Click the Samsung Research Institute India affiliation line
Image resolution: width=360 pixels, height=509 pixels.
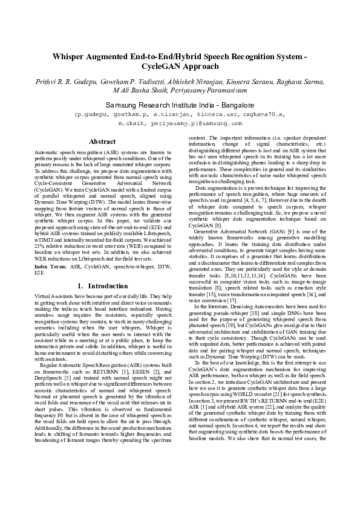[x=180, y=105]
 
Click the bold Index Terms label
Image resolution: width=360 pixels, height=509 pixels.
[x=52, y=266]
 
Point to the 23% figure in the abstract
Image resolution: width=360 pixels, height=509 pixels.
[x=40, y=244]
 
